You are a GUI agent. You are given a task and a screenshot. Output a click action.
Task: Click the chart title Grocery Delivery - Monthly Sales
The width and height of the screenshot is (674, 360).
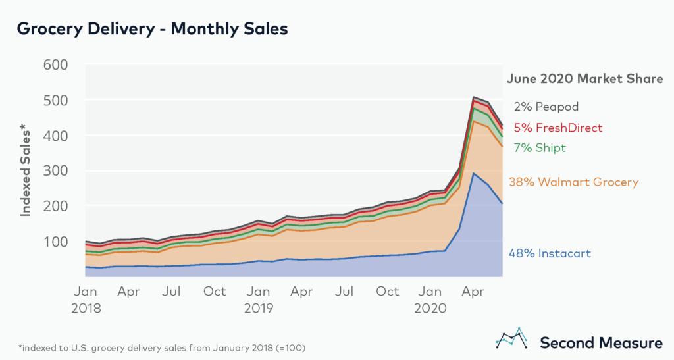(x=152, y=30)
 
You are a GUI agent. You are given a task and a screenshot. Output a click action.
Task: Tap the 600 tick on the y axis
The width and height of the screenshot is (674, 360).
(x=55, y=65)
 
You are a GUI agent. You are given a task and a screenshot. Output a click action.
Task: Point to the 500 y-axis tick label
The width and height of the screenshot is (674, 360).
(x=55, y=101)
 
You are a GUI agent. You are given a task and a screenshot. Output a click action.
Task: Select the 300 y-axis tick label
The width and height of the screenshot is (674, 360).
(x=55, y=171)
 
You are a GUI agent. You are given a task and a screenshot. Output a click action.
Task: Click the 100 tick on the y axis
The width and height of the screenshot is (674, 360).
(x=55, y=242)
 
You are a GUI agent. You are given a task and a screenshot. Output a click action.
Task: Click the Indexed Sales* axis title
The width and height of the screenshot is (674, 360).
(x=26, y=171)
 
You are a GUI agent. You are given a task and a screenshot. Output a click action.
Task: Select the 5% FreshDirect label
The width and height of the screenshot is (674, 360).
(x=558, y=128)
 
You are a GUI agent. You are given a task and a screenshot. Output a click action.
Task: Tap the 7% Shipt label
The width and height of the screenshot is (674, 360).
(x=540, y=148)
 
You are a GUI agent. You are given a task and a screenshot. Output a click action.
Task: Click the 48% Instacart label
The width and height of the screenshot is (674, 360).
(x=550, y=253)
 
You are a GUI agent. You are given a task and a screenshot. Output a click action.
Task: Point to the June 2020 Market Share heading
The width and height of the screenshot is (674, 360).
(x=584, y=79)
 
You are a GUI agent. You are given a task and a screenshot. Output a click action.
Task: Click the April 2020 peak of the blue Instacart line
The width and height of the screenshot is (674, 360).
(x=475, y=174)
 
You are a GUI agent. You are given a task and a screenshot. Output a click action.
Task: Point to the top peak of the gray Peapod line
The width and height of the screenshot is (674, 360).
(x=475, y=97)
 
